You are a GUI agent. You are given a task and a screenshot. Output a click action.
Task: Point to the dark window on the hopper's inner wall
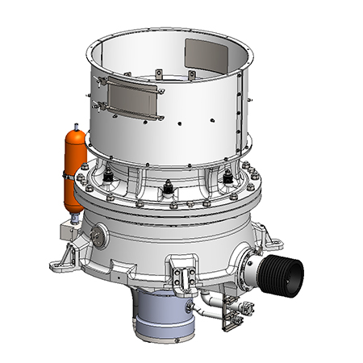point(207,56)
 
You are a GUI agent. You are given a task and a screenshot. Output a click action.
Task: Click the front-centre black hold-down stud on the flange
point(168,186)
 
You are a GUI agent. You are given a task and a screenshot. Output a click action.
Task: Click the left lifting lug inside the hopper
point(160,75)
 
